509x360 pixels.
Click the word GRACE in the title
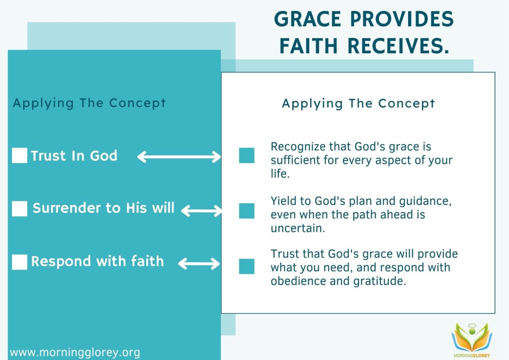[308, 19]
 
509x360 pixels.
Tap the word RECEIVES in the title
[398, 45]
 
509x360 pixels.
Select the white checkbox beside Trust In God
[19, 156]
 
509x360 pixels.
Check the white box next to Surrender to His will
[19, 209]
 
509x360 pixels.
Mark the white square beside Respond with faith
[19, 262]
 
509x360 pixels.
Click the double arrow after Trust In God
[179, 157]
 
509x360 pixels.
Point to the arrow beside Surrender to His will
[202, 211]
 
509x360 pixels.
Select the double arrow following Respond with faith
[199, 263]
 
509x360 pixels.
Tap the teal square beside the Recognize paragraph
[247, 155]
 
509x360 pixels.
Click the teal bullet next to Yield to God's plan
[247, 211]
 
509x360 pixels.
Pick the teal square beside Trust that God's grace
[247, 267]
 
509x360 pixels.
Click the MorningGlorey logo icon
[472, 340]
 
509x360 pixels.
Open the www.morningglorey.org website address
[75, 353]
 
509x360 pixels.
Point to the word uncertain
[298, 228]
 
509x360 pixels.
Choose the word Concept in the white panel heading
[407, 103]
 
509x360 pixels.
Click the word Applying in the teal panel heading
[43, 103]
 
